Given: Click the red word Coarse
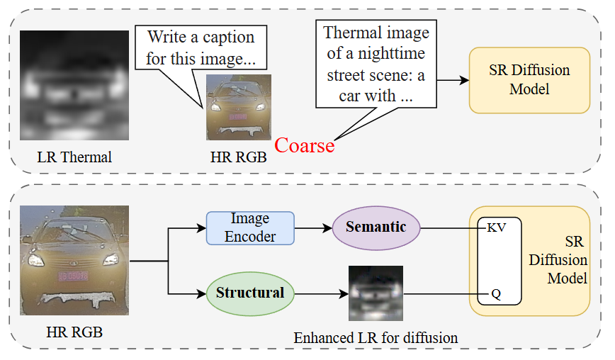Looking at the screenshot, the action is tap(305, 145).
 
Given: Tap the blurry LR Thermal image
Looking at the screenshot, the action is tap(74, 85).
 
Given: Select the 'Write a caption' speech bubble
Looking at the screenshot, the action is tap(201, 47).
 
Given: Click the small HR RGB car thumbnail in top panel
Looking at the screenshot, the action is tap(239, 107).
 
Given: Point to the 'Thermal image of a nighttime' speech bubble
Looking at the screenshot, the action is tap(376, 64).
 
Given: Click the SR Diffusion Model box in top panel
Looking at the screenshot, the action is tap(529, 80).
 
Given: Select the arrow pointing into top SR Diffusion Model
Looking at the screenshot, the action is tap(453, 80).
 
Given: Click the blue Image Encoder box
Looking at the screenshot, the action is tap(250, 228).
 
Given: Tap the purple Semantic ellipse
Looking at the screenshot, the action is tap(376, 228).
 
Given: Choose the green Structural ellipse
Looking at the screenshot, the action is tap(250, 293).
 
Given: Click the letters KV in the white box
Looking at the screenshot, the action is tap(497, 227).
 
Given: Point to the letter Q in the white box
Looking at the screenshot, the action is tap(496, 293).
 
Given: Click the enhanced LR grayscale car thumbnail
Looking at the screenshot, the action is tap(376, 293).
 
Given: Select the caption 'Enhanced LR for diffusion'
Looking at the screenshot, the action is tap(376, 337).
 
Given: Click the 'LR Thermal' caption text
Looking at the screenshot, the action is tap(74, 157).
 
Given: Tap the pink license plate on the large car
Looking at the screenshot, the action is tap(74, 276).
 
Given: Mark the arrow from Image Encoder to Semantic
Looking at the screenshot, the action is tap(313, 228).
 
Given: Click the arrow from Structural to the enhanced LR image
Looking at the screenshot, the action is tap(322, 293).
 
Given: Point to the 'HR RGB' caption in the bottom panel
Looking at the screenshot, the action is tap(74, 332).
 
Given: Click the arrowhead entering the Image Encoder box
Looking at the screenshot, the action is tap(202, 228).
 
